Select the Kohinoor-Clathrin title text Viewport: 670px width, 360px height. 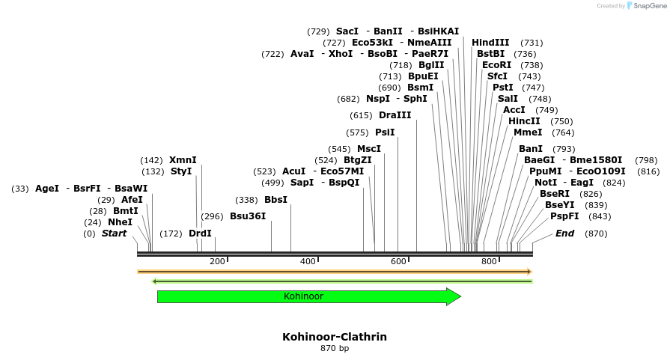click(335, 337)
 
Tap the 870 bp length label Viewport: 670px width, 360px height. click(335, 348)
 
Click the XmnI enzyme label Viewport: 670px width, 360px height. click(183, 160)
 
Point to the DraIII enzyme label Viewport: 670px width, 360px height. click(395, 115)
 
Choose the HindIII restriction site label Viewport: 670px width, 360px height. click(490, 43)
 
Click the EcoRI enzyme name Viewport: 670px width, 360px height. click(496, 65)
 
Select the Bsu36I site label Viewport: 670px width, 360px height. click(248, 216)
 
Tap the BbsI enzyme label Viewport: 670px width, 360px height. click(275, 200)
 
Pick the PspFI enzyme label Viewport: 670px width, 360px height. click(564, 216)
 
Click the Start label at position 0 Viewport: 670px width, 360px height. click(114, 234)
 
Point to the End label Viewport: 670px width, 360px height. click(564, 234)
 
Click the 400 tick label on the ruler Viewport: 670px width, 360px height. click(308, 261)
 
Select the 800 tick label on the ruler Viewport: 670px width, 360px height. click(489, 261)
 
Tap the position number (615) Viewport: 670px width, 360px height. click(361, 115)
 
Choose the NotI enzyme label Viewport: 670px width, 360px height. click(546, 183)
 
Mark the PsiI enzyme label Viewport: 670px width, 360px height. click(385, 132)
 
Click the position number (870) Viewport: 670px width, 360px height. click(596, 234)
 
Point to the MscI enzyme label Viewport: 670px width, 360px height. click(369, 149)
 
